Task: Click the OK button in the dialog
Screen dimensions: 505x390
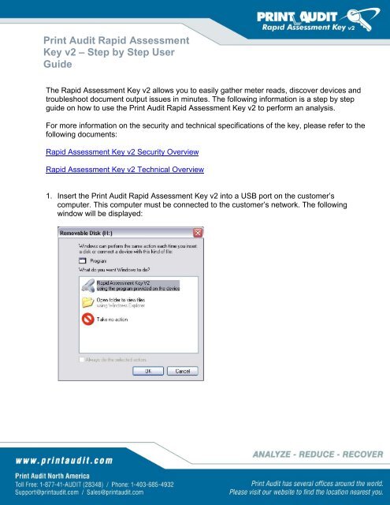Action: click(x=147, y=371)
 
